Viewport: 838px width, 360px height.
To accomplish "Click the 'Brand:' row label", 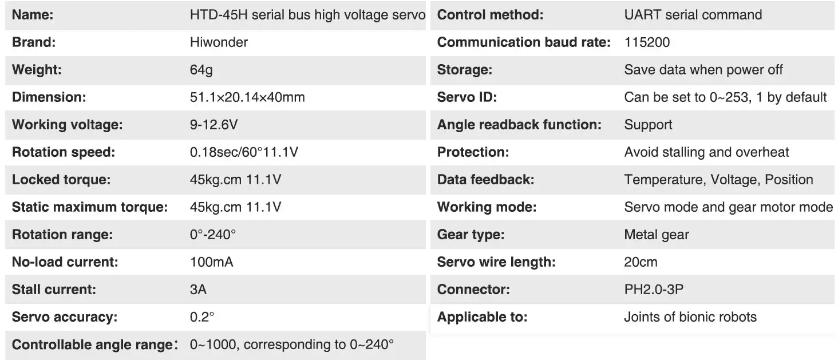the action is coord(34,42).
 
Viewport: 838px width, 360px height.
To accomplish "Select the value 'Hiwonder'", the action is coord(219,42).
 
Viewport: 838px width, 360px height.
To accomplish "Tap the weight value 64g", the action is coord(201,70).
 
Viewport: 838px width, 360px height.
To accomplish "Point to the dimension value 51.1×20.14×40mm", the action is coord(247,97).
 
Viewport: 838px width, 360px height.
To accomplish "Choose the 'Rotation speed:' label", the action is coord(64,152).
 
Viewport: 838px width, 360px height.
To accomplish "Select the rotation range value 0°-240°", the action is coord(213,235).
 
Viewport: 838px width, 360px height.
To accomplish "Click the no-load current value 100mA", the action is coord(211,262).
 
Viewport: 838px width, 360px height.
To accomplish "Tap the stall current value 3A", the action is coord(198,290).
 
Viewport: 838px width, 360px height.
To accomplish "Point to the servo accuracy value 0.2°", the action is coord(202,317).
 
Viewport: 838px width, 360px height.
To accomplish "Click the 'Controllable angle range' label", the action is coord(93,345).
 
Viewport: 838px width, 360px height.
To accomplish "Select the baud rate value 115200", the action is coord(647,42).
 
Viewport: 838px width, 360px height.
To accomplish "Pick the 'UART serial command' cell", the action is coord(693,15).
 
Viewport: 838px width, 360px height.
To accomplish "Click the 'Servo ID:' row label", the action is coord(467,97).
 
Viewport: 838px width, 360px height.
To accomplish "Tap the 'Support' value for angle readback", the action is coord(648,125).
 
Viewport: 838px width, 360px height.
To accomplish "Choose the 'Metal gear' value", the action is coord(657,235).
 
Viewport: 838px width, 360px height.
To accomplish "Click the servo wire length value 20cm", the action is coord(641,262).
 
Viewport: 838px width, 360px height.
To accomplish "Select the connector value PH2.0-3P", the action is coord(654,290).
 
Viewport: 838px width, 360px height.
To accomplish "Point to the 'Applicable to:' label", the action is coord(482,317).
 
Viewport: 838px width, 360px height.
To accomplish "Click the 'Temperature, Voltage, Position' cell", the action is coord(718,180).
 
